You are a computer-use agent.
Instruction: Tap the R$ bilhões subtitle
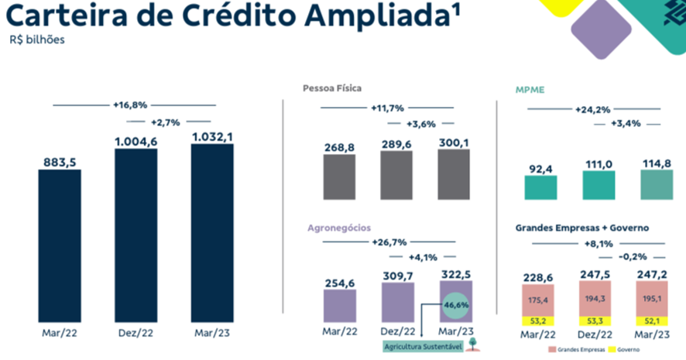click(39, 40)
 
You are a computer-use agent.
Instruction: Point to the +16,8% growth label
click(130, 105)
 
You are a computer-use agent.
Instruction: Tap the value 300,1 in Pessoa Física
click(453, 143)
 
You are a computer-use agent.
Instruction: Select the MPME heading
click(530, 90)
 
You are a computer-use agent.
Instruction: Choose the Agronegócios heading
click(339, 228)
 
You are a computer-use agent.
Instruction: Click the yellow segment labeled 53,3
click(595, 320)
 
